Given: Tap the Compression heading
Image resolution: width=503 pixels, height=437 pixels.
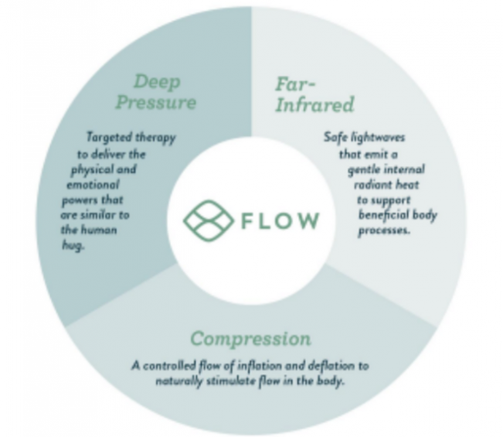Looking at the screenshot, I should point(251,339).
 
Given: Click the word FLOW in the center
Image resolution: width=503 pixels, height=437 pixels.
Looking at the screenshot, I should point(280,220).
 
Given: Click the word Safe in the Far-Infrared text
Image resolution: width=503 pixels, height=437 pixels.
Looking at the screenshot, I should point(335,137).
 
